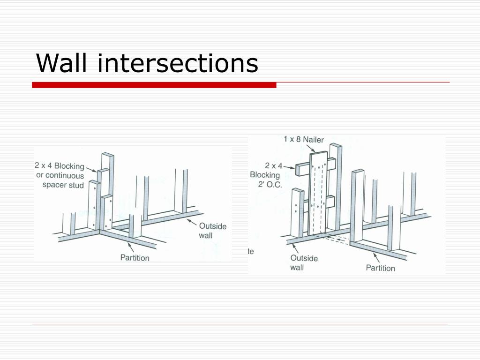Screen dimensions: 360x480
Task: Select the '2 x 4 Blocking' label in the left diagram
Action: click(x=59, y=166)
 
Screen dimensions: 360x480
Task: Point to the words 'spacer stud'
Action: click(x=63, y=185)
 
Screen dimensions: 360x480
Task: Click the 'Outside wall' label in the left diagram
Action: click(x=212, y=230)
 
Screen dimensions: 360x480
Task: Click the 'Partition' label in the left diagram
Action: click(x=135, y=257)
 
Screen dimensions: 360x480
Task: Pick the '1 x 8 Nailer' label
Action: click(x=303, y=139)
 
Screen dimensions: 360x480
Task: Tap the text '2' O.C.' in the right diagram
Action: click(x=267, y=184)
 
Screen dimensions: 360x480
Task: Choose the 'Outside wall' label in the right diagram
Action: click(x=304, y=262)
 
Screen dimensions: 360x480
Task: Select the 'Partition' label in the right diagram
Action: click(x=380, y=268)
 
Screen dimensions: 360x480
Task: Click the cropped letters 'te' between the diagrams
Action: click(x=251, y=252)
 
